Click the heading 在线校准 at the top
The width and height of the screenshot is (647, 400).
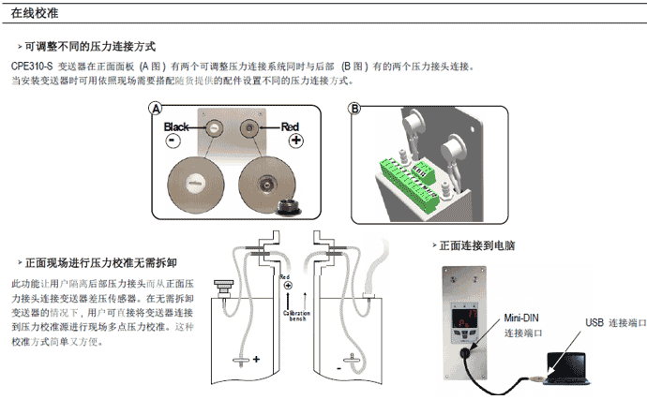tap(36, 14)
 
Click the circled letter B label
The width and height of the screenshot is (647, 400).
tap(354, 109)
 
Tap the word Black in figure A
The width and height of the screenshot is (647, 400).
tap(177, 126)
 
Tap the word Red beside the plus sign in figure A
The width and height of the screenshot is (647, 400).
tap(291, 126)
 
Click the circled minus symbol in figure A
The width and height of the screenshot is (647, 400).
tap(173, 141)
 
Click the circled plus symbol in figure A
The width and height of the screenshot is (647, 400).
tap(297, 141)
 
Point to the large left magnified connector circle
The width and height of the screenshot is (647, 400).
tap(198, 180)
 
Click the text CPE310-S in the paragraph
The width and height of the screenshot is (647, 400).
tap(32, 67)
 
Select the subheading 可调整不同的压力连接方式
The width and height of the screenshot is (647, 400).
tap(89, 47)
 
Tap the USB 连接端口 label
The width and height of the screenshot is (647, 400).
tap(615, 322)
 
